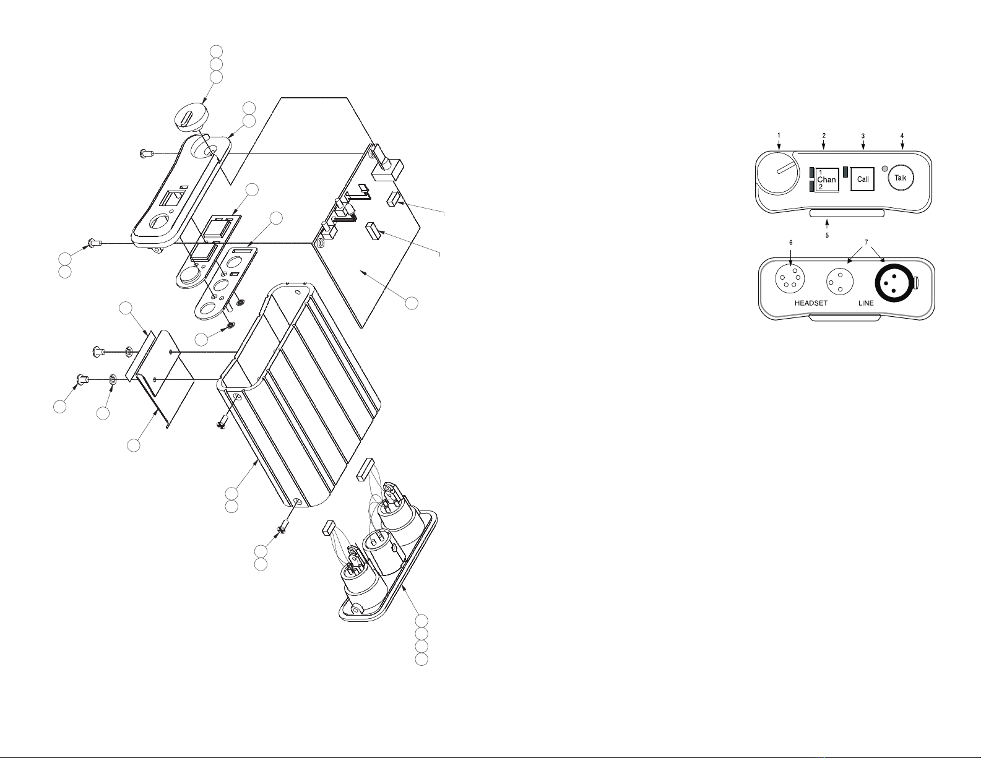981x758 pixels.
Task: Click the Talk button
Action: pos(901,178)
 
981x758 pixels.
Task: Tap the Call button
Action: pos(862,179)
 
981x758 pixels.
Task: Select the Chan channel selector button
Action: pos(827,179)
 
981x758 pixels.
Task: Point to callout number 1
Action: pos(779,135)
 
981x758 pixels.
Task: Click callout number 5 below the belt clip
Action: pos(827,235)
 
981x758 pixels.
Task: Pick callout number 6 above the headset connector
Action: pos(790,243)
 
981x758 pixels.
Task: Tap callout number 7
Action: pos(866,243)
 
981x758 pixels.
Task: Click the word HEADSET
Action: pos(811,303)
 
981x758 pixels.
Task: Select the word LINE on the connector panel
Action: pos(866,303)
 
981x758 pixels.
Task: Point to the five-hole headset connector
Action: pos(790,278)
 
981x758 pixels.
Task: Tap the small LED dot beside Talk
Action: pos(885,169)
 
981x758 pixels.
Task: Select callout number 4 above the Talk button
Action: pos(902,136)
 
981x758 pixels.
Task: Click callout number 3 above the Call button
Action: pos(863,136)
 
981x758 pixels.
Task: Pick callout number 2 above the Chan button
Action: pos(824,136)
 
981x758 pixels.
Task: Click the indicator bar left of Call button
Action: pos(845,173)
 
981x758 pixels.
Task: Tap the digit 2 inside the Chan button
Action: pos(821,187)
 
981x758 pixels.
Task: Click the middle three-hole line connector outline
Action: pos(840,282)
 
